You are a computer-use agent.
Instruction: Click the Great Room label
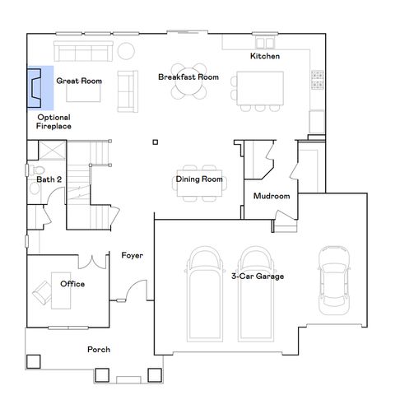click(x=78, y=81)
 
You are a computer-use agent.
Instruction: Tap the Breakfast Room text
click(x=188, y=77)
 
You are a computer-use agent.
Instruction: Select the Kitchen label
click(x=265, y=56)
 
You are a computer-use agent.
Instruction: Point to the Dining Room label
click(x=199, y=179)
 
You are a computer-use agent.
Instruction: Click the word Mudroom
click(x=271, y=196)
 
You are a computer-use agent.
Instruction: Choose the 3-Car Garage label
click(x=258, y=276)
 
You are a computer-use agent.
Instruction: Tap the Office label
click(x=72, y=284)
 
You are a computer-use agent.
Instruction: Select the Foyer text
click(x=133, y=255)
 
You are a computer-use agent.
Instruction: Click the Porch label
click(x=99, y=350)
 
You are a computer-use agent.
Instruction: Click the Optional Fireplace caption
click(x=54, y=123)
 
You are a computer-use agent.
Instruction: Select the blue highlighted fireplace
click(x=40, y=88)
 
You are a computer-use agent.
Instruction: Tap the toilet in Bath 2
click(x=35, y=188)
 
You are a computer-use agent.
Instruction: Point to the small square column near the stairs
click(x=154, y=142)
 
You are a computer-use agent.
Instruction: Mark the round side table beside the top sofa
click(x=127, y=51)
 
